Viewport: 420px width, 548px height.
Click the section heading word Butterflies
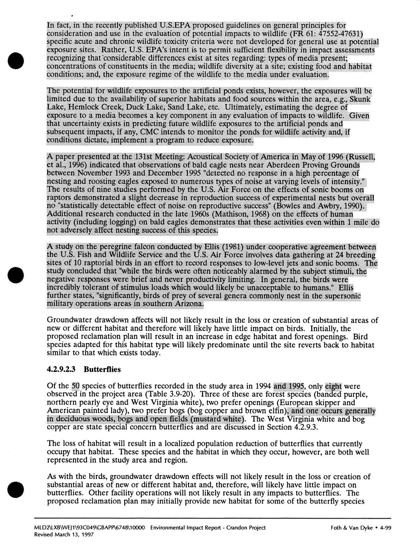tap(102, 369)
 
